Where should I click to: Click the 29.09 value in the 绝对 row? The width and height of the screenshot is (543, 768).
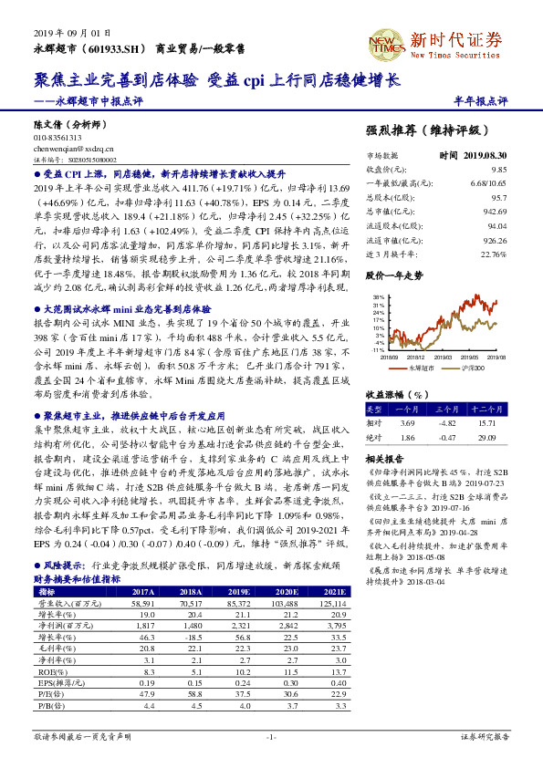click(x=486, y=437)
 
